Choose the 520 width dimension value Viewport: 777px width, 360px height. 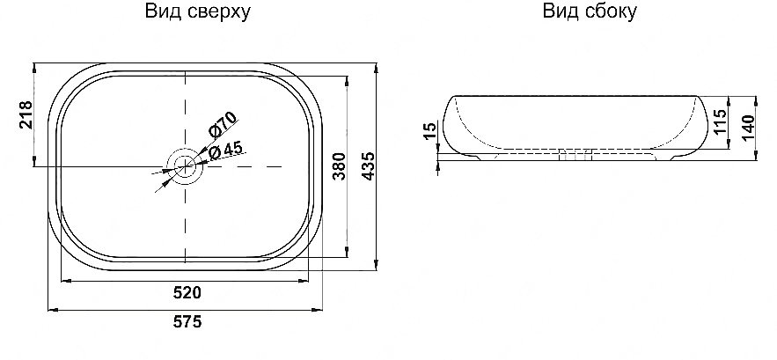(187, 292)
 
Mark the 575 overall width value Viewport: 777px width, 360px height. (187, 321)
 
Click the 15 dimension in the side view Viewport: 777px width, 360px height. (429, 131)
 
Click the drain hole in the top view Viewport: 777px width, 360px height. (185, 165)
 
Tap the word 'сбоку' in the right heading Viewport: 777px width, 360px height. (612, 12)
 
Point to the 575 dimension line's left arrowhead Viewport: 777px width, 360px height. (48, 309)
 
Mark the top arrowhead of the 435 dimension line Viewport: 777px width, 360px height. (377, 66)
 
